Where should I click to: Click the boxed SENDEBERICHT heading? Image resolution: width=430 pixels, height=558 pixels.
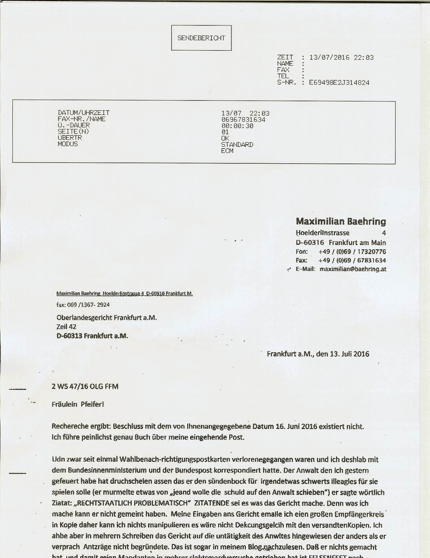pyautogui.click(x=201, y=38)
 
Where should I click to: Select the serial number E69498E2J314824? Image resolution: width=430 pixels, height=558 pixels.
pyautogui.click(x=339, y=83)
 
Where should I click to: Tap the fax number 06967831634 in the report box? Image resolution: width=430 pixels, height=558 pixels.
pyautogui.click(x=243, y=120)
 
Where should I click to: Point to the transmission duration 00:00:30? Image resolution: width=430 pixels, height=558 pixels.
pyautogui.click(x=237, y=126)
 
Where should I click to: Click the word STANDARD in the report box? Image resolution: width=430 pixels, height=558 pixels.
pyautogui.click(x=237, y=145)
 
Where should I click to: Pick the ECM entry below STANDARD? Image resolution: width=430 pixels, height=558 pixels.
pyautogui.click(x=227, y=151)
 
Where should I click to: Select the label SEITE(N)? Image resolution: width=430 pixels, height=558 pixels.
pyautogui.click(x=73, y=131)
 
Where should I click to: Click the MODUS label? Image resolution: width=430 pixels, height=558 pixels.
pyautogui.click(x=68, y=144)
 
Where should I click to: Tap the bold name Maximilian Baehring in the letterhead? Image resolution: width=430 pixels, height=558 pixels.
pyautogui.click(x=341, y=222)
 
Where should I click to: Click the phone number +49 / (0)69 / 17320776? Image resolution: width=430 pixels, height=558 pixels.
pyautogui.click(x=352, y=252)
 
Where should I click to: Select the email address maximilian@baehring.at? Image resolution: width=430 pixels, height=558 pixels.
pyautogui.click(x=353, y=269)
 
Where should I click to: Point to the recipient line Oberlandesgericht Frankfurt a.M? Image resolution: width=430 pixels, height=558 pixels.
pyautogui.click(x=106, y=318)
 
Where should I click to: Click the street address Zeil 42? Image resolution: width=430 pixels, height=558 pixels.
pyautogui.click(x=66, y=326)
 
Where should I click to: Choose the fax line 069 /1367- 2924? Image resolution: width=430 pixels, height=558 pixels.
pyautogui.click(x=83, y=305)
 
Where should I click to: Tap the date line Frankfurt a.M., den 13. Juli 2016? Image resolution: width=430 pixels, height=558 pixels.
pyautogui.click(x=318, y=354)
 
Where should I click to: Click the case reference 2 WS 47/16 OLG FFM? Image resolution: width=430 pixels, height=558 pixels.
pyautogui.click(x=85, y=387)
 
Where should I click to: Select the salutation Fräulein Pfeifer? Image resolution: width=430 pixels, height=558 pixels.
pyautogui.click(x=78, y=404)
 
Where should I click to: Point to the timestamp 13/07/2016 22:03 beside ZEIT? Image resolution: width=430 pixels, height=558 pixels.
pyautogui.click(x=341, y=57)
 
